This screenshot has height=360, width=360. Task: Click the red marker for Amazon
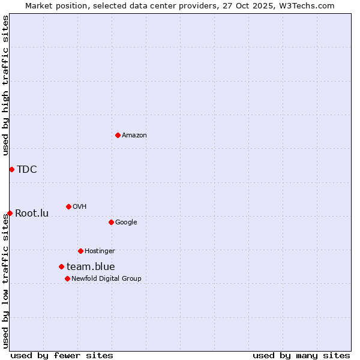[x=118, y=135]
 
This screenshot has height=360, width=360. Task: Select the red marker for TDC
[x=11, y=169]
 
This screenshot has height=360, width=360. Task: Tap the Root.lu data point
[x=10, y=213]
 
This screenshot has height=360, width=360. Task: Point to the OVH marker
[x=68, y=206]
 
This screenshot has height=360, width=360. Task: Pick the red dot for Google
[x=111, y=222]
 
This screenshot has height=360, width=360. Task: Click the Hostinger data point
[x=80, y=251]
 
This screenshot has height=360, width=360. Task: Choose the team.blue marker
[x=61, y=266]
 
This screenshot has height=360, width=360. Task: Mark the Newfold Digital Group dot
[x=67, y=278]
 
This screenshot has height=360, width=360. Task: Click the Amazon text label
[x=134, y=136]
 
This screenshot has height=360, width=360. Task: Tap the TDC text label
[x=27, y=169]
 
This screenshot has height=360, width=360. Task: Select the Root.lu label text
[x=32, y=213]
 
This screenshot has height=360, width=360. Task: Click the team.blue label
[x=91, y=266]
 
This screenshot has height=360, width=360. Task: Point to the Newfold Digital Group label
[x=107, y=278]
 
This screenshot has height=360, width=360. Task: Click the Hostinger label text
[x=100, y=251]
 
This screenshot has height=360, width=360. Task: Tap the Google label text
[x=126, y=222]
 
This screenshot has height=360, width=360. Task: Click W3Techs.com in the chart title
[x=306, y=6]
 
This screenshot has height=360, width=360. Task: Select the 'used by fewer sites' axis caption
[x=62, y=355]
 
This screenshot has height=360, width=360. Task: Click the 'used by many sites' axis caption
[x=301, y=355]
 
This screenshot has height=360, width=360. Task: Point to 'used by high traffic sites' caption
[x=6, y=85]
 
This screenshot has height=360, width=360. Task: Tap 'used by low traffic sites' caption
[x=6, y=281]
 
